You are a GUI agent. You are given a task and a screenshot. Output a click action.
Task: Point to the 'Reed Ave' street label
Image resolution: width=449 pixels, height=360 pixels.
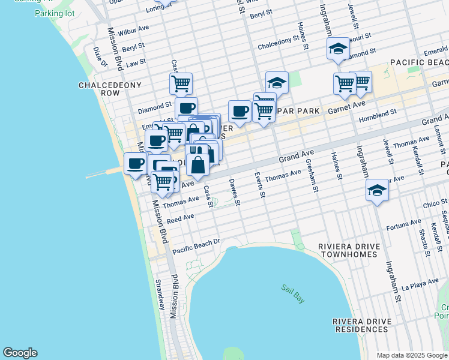pyautogui.click(x=181, y=219)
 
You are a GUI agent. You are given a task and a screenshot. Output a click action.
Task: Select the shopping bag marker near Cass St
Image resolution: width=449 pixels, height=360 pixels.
pyautogui.click(x=197, y=164)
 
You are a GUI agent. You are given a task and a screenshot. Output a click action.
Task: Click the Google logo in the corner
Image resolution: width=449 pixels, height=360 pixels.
pyautogui.click(x=20, y=353)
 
